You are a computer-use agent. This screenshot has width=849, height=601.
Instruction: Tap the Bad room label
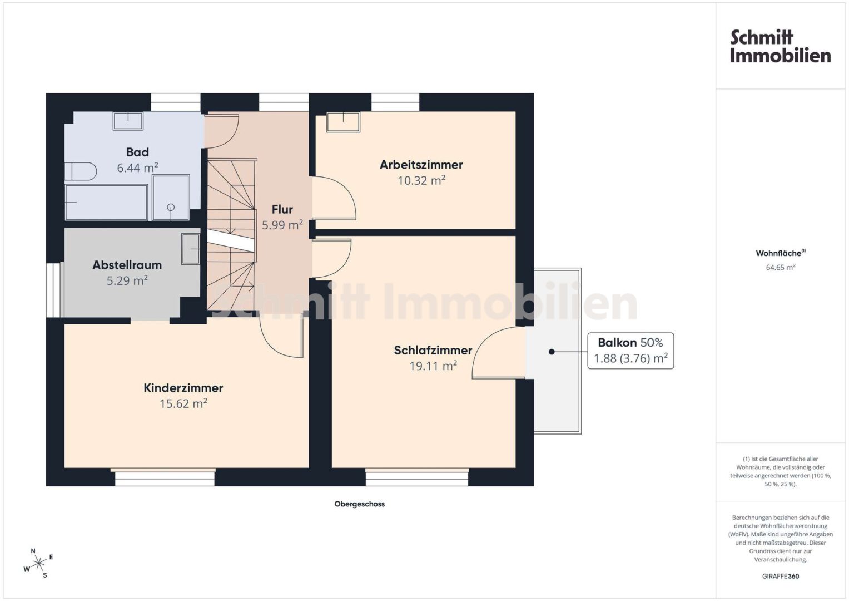[x=137, y=152]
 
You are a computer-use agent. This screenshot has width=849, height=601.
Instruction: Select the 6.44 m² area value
[x=137, y=168]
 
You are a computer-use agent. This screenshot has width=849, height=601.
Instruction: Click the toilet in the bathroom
[x=81, y=171]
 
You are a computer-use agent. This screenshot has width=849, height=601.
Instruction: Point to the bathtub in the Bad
[x=106, y=202]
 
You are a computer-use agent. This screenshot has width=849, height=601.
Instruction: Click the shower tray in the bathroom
[x=171, y=198]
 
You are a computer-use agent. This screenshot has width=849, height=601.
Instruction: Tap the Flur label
[x=282, y=209]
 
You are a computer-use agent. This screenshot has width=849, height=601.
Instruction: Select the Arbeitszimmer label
[x=421, y=165]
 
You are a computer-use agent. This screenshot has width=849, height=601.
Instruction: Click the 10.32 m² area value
[x=421, y=180]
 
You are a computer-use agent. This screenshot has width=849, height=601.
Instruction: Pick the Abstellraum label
[x=127, y=265]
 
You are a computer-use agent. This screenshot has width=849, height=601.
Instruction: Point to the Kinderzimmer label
[x=183, y=388]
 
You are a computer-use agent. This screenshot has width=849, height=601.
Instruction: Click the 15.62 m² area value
[x=183, y=403]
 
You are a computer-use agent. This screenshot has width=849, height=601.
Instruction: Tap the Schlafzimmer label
[x=433, y=350]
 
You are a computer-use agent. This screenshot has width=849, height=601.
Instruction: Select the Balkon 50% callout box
[x=630, y=351]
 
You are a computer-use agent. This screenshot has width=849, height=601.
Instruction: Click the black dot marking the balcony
[x=552, y=352]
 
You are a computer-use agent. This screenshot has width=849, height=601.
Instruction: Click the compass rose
[x=38, y=563]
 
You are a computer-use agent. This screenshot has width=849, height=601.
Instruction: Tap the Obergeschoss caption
[x=359, y=504]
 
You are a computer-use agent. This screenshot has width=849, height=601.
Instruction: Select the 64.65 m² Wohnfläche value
[x=781, y=267]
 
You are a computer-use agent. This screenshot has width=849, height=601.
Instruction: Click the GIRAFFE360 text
[x=781, y=576]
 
